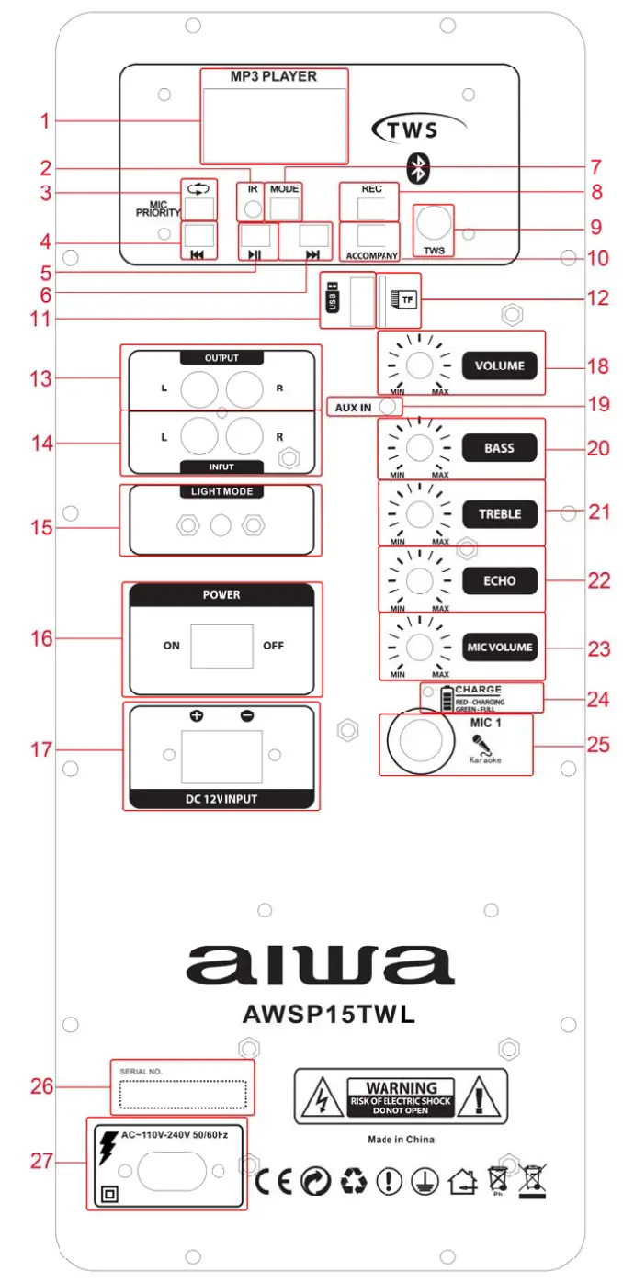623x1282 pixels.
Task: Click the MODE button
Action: click(285, 208)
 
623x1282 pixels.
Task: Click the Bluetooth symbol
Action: click(420, 166)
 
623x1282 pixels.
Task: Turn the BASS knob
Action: click(419, 448)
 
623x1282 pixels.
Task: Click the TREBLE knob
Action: click(419, 514)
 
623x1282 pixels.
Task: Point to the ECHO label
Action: click(500, 580)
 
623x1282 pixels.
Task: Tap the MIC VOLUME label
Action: click(500, 647)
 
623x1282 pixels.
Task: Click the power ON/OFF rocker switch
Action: click(221, 646)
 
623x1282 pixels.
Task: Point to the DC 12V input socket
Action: click(221, 755)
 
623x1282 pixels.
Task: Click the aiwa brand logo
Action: click(320, 964)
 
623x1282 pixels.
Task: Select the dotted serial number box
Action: click(182, 1095)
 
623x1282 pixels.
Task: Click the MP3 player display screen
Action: click(275, 119)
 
